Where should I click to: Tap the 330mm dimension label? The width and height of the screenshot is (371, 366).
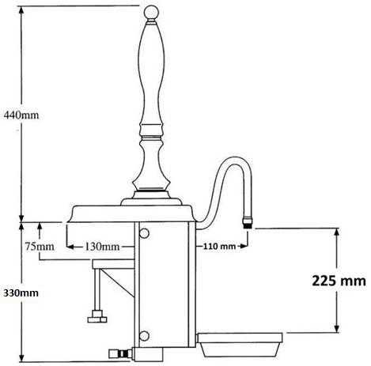pyautogui.click(x=20, y=292)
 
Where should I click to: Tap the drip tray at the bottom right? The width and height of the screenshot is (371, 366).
pyautogui.click(x=240, y=345)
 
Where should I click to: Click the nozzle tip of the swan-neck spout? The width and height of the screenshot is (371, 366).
pyautogui.click(x=248, y=223)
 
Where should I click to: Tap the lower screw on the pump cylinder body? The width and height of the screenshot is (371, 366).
pyautogui.click(x=144, y=335)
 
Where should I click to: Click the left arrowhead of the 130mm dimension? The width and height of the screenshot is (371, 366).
pyautogui.click(x=68, y=246)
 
